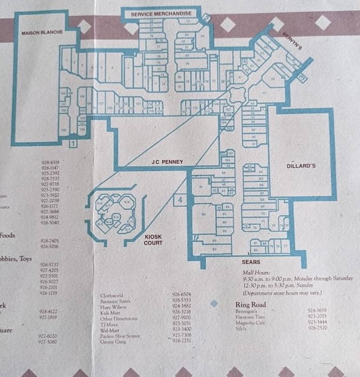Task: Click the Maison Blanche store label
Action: [42, 33]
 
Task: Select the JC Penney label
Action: [167, 162]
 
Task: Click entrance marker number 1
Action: [72, 144]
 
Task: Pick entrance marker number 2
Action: [206, 17]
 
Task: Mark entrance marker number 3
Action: [303, 77]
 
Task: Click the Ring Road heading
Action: [250, 305]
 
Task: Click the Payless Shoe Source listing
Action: [120, 336]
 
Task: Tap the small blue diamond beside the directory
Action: [214, 304]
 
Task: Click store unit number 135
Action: [64, 129]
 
